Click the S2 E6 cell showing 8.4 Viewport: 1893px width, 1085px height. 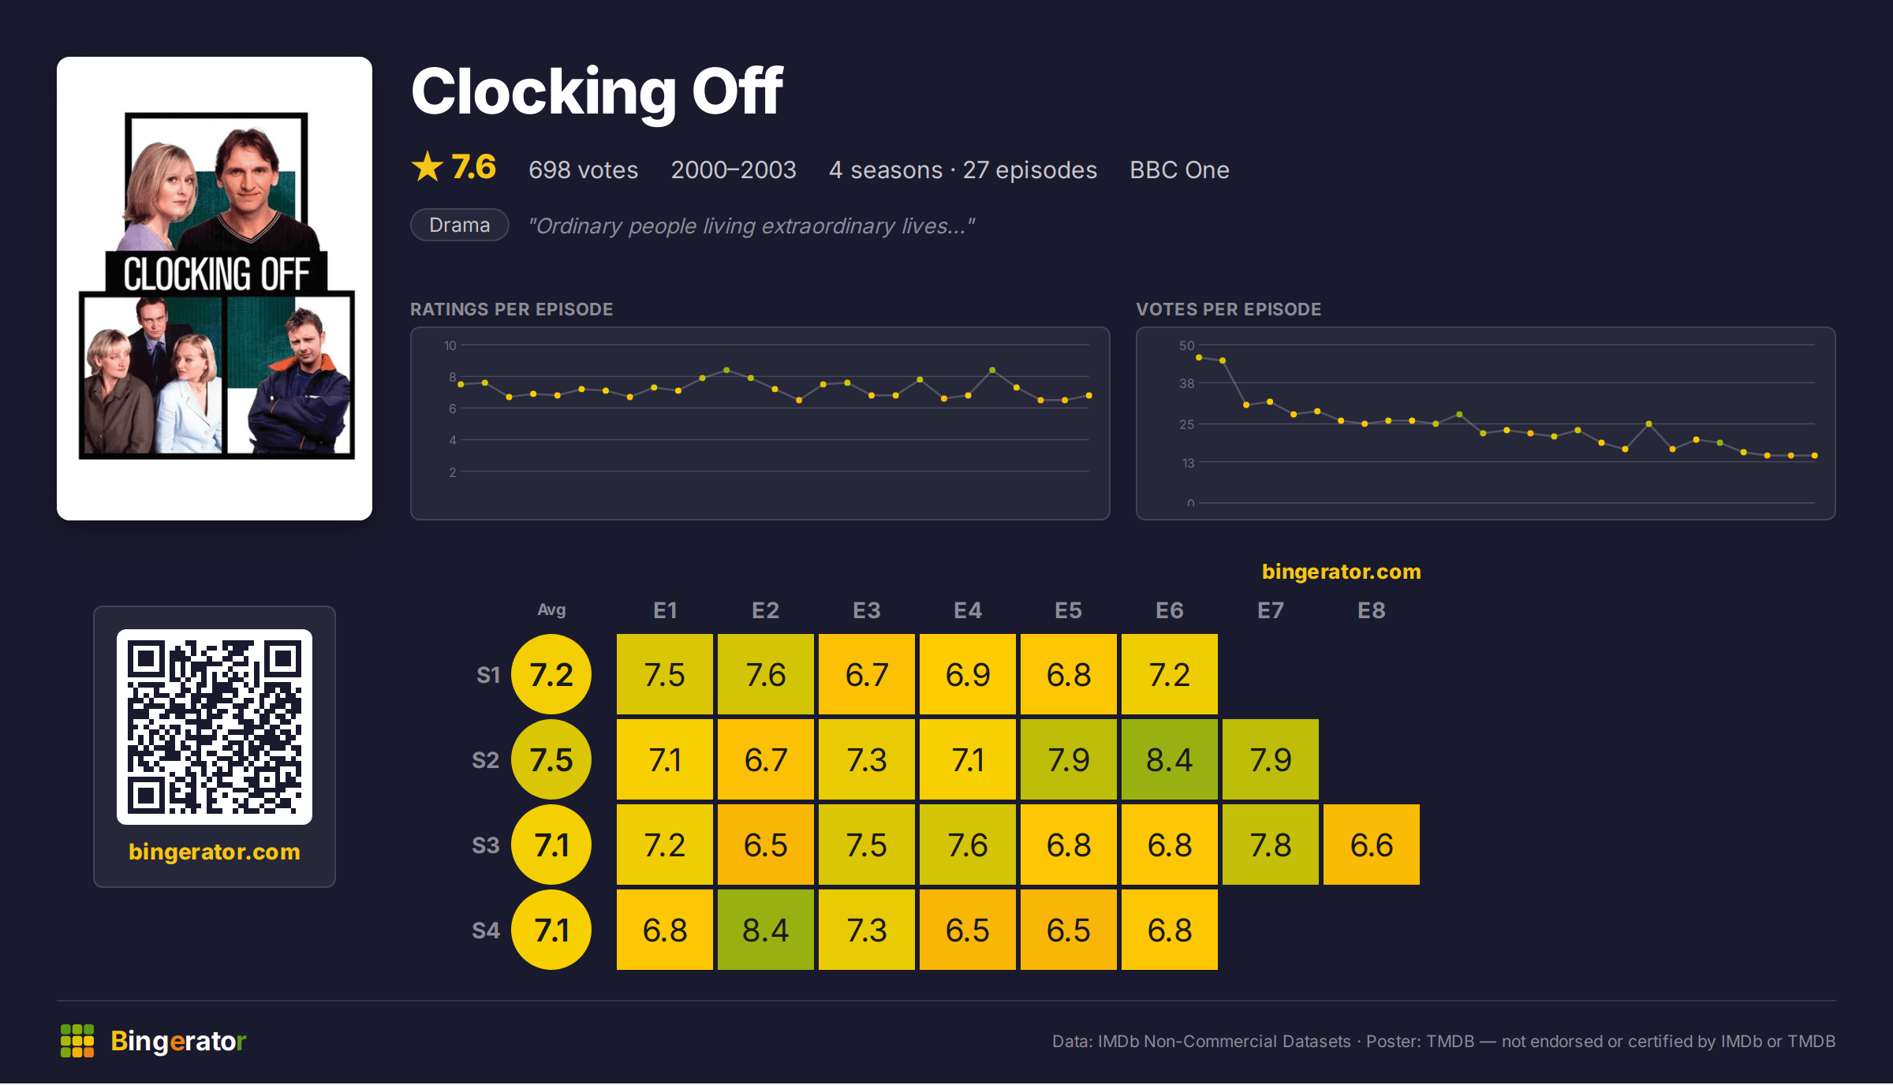click(x=1170, y=759)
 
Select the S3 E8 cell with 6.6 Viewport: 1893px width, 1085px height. click(x=1372, y=845)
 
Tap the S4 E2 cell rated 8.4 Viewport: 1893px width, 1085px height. click(x=766, y=930)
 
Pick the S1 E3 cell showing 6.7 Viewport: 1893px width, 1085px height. click(x=867, y=674)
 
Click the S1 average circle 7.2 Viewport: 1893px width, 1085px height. click(x=551, y=674)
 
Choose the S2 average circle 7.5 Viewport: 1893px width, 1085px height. click(x=551, y=759)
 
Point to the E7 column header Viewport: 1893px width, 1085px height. click(x=1271, y=610)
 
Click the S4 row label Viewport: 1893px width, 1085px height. click(x=486, y=930)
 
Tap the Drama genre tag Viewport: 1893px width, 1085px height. click(x=460, y=225)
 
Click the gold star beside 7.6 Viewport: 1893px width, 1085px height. click(x=428, y=167)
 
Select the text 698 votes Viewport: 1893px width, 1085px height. click(x=583, y=170)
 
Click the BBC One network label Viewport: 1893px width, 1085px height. click(x=1179, y=170)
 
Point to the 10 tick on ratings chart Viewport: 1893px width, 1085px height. click(x=450, y=345)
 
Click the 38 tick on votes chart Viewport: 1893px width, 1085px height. click(x=1187, y=383)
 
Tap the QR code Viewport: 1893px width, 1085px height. click(x=215, y=726)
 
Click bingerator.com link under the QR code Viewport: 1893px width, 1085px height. click(x=215, y=852)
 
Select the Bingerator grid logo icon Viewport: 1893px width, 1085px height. click(x=77, y=1041)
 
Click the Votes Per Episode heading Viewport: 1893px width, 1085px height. click(x=1228, y=309)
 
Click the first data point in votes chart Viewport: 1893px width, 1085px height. click(x=1199, y=357)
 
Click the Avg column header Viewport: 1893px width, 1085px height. click(x=551, y=610)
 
